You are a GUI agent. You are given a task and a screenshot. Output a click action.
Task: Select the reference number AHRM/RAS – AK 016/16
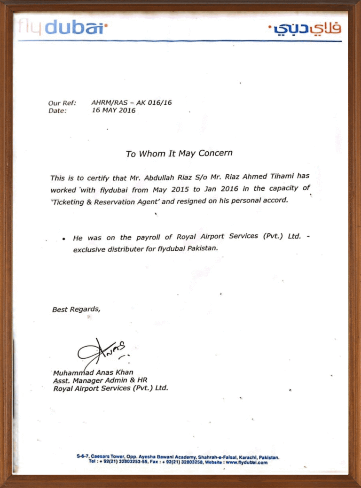(x=132, y=102)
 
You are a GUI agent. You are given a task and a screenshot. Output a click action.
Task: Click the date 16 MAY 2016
(x=113, y=111)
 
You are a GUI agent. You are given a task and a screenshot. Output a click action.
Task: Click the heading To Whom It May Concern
(x=179, y=154)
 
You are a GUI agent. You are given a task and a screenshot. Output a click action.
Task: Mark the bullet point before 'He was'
(x=63, y=239)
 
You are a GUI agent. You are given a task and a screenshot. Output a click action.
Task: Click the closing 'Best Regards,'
(x=76, y=309)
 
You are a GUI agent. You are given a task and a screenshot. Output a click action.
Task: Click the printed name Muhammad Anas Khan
(x=93, y=372)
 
